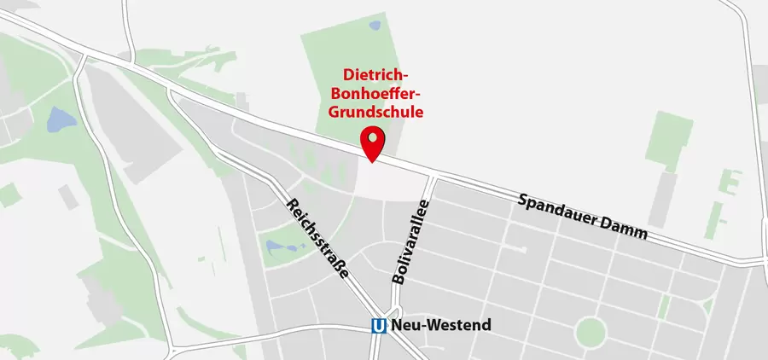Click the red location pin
tap(373, 142)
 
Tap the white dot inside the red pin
tap(373, 138)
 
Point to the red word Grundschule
tap(376, 111)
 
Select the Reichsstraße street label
tap(317, 238)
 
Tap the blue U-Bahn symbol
tap(380, 325)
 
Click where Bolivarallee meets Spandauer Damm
tap(433, 176)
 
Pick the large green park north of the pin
tap(341, 77)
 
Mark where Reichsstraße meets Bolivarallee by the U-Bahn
tap(388, 311)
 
